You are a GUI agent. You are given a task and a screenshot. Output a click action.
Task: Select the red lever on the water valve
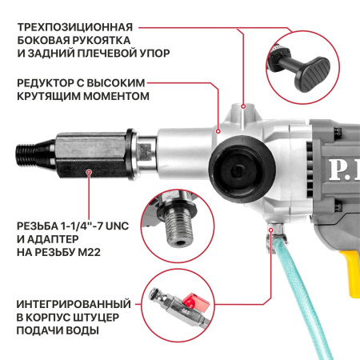[190, 303]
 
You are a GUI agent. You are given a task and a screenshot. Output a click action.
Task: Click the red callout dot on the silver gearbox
[217, 126]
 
